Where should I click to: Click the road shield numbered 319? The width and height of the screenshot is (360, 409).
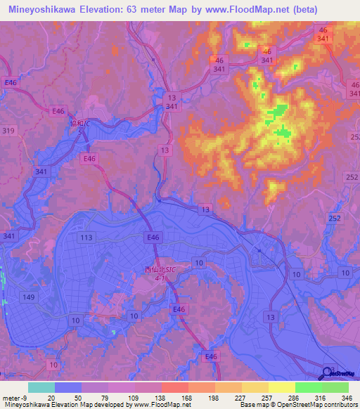point(8,131)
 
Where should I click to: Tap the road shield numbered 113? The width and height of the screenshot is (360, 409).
point(86,238)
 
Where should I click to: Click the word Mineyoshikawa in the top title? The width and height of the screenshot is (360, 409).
point(44,10)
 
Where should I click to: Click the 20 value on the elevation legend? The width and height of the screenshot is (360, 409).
point(51,397)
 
